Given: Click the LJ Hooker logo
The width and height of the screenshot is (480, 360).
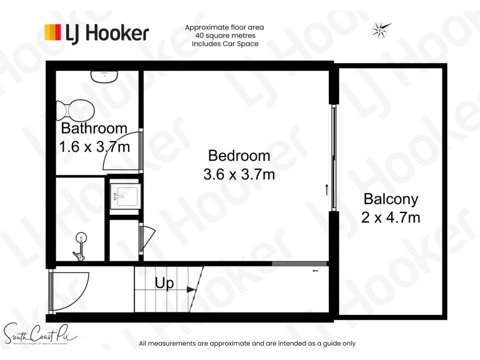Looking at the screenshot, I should [x=96, y=32].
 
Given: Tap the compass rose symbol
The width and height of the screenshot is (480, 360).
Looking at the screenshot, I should [x=382, y=29].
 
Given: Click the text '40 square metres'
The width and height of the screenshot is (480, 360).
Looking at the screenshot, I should [x=225, y=35].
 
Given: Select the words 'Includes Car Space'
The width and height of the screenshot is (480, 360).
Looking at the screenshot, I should [x=225, y=44].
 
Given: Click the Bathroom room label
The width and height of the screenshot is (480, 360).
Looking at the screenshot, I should [x=94, y=128].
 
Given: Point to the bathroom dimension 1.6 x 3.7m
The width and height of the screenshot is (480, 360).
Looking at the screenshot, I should [x=94, y=146].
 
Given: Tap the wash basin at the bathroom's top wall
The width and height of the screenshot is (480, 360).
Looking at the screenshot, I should [x=104, y=76].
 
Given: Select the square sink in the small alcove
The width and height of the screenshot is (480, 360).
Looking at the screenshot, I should [x=126, y=195].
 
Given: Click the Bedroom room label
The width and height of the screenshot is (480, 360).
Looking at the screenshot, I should [x=239, y=156].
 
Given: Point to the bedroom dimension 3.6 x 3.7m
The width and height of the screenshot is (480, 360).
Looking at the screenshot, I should [x=239, y=175].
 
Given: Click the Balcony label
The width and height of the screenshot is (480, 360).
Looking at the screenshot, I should [x=391, y=199].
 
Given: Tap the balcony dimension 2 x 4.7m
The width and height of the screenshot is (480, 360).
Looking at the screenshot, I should [x=391, y=217].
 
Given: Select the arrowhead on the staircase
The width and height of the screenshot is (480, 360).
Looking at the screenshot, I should [x=191, y=290].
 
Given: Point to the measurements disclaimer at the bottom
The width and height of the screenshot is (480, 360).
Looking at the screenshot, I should [x=247, y=344].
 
